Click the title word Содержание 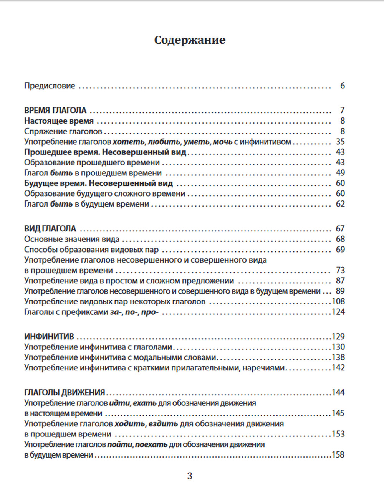(190, 40)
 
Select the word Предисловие (50, 86)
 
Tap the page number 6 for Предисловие (343, 86)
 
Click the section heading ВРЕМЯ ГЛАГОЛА (55, 111)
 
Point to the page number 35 (340, 142)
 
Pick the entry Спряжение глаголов (63, 131)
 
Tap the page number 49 (340, 173)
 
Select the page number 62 (340, 204)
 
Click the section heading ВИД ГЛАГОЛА (50, 229)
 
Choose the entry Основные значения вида (72, 239)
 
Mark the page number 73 (340, 270)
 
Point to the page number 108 (338, 301)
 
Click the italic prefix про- (150, 312)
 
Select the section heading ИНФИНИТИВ (49, 337)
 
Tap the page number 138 (338, 357)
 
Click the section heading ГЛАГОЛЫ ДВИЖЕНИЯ (65, 393)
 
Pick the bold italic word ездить (163, 424)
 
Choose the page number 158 (338, 455)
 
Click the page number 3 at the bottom (190, 476)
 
